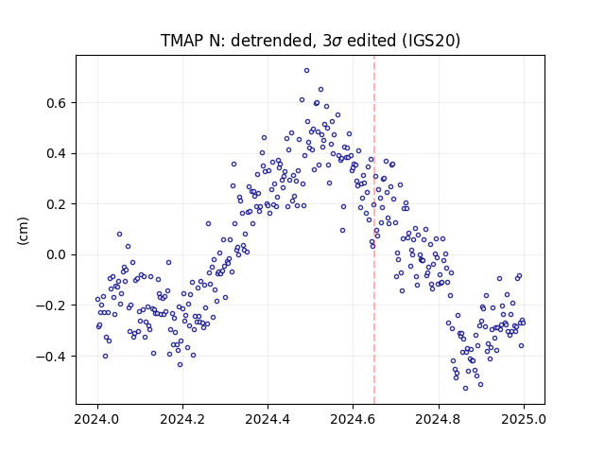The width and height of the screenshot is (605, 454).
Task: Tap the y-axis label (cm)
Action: [x=23, y=231]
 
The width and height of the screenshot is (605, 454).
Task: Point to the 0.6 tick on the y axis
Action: [x=57, y=103]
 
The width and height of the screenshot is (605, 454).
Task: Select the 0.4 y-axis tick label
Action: [x=57, y=153]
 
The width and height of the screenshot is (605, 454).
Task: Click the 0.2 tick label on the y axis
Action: [x=57, y=204]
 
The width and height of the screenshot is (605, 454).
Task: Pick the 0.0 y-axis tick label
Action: [x=57, y=254]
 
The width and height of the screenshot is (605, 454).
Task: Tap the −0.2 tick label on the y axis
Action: [x=52, y=306]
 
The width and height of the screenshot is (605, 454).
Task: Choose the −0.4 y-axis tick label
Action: [x=52, y=356]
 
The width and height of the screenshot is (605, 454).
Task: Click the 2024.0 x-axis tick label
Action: [x=97, y=419]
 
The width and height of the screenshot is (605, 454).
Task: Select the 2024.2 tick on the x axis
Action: [x=182, y=419]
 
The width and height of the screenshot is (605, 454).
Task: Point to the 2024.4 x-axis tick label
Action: [x=268, y=419]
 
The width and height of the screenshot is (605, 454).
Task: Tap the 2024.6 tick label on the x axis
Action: [x=353, y=419]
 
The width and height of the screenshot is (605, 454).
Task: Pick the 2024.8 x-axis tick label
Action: [x=439, y=419]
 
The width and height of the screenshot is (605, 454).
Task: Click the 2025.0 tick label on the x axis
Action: [x=524, y=419]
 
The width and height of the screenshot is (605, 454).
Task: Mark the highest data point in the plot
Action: [x=306, y=71]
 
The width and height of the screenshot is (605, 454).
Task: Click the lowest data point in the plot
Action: [x=466, y=389]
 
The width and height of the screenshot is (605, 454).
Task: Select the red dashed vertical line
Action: [x=374, y=230]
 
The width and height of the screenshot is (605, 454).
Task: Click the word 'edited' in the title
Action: [x=372, y=40]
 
